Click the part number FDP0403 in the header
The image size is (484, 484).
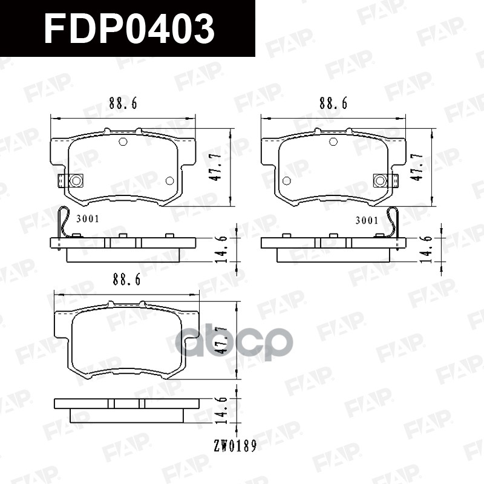pos(129,29)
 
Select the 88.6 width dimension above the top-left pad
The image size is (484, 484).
pos(123,103)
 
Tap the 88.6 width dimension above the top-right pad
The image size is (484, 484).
pos(333,103)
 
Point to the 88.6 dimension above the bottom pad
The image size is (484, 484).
pos(126,280)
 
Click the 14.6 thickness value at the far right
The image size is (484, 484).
pos(430,247)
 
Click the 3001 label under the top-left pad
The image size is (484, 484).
pos(88,220)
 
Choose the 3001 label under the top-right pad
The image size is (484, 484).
pos(366,220)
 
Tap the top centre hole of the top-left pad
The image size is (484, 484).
pos(123,142)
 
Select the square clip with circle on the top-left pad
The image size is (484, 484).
pos(74,180)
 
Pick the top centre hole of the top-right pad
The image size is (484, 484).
pos(333,142)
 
